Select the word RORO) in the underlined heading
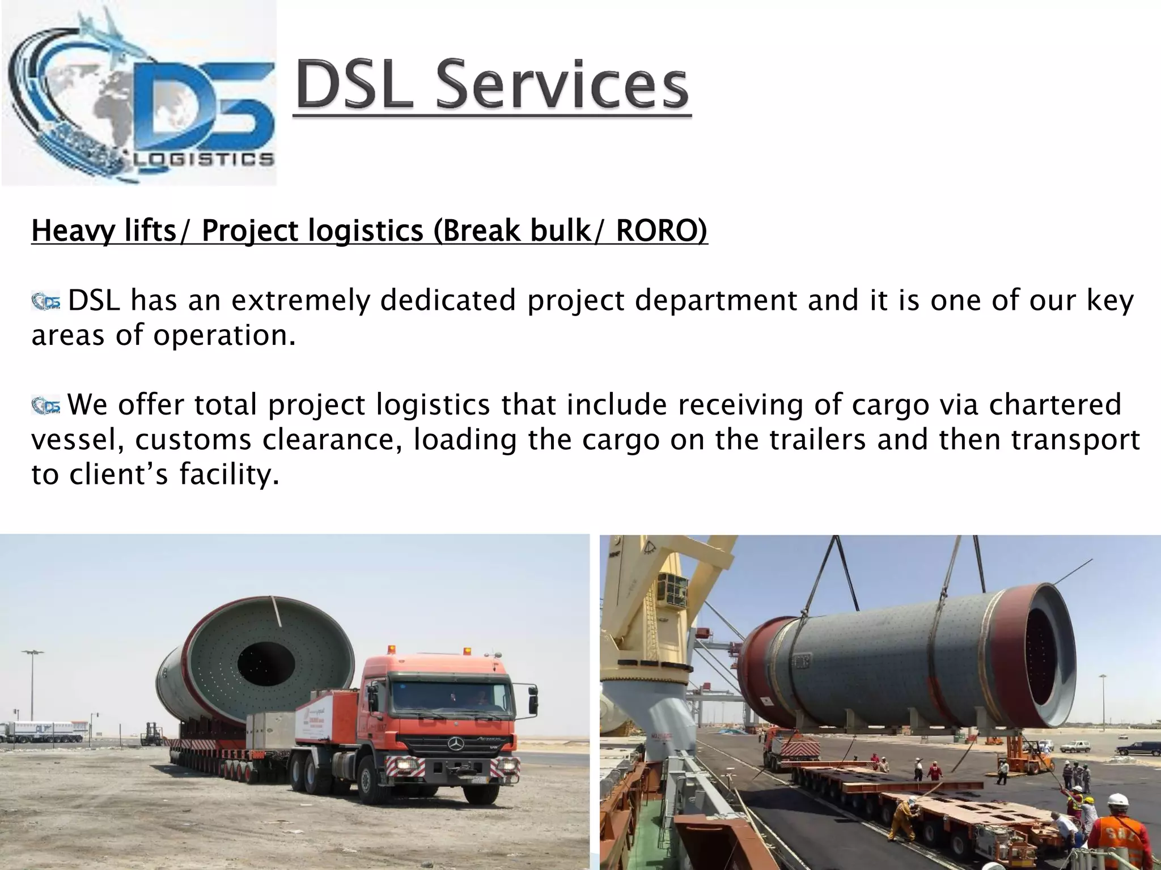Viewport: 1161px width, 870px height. (662, 231)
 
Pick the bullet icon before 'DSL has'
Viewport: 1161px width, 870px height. (46, 301)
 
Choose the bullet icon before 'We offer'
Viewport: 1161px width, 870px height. (46, 406)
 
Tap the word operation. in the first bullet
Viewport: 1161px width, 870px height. (224, 335)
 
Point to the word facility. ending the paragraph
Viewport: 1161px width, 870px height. (229, 475)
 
